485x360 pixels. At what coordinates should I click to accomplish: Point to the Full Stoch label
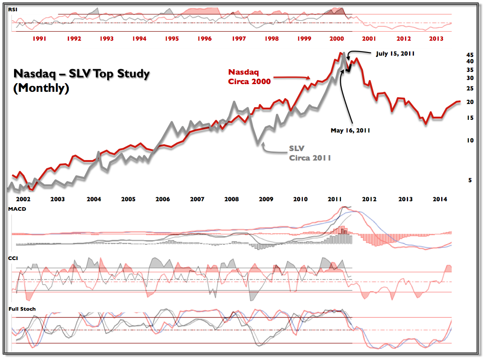(x=22, y=309)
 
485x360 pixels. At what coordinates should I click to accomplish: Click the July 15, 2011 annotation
(x=395, y=53)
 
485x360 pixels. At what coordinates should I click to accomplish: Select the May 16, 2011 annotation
(x=350, y=130)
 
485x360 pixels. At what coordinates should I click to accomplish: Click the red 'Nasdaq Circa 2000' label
(x=249, y=76)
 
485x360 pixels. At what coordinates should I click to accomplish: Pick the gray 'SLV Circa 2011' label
(x=310, y=153)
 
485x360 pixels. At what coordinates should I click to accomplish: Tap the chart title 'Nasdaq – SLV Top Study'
(x=81, y=74)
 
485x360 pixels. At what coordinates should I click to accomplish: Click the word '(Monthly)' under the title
(x=41, y=89)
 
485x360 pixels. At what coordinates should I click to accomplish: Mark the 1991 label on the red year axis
(x=41, y=39)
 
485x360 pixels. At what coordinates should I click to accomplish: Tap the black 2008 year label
(x=231, y=199)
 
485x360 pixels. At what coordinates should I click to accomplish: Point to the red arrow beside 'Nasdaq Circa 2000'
(x=292, y=78)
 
